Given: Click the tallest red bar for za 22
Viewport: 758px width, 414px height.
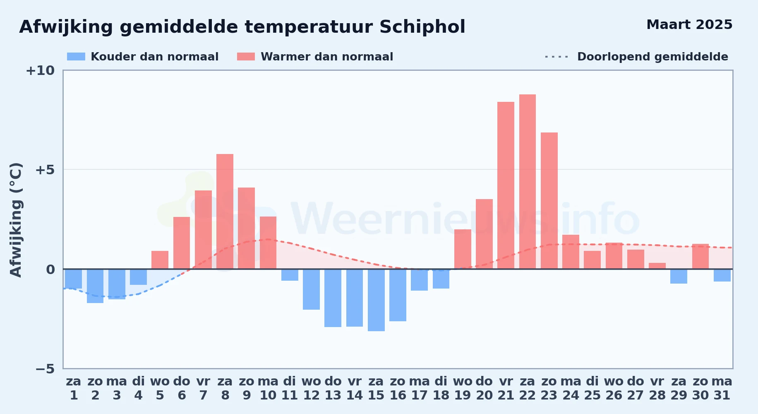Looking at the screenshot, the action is point(528,182).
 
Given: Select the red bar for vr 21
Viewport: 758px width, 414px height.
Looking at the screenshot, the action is point(506,185).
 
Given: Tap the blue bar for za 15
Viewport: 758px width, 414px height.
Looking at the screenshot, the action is point(376,300).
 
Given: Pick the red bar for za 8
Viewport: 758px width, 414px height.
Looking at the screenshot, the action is point(225,212).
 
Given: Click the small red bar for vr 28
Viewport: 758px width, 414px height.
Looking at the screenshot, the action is point(657,266).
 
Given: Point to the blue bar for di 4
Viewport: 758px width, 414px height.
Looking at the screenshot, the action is point(138,277).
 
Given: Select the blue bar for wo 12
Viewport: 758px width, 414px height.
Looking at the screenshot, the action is point(311,289).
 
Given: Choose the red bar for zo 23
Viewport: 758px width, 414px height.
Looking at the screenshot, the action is point(549,201).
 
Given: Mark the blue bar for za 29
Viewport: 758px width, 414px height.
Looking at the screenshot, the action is point(679,276).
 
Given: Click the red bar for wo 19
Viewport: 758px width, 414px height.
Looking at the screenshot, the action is point(463,249).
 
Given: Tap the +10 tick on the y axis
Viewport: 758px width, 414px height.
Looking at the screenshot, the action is point(40,70).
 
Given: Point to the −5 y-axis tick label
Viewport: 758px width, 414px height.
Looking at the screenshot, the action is point(45,368).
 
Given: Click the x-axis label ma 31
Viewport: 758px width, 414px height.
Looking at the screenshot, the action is point(722,388).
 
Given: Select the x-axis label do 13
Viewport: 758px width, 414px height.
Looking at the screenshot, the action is point(333,388).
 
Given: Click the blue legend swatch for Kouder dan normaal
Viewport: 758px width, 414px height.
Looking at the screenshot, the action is point(76,57).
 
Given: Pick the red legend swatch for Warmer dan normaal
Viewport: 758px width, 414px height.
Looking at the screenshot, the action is point(246,57).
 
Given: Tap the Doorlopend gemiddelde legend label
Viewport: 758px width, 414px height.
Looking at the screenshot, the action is point(652,57).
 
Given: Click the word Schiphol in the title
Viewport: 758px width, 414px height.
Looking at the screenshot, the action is point(422,27).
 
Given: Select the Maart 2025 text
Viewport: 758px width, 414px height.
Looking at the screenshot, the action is point(689,24).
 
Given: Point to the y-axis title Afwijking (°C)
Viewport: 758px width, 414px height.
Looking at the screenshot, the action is point(16,220).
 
